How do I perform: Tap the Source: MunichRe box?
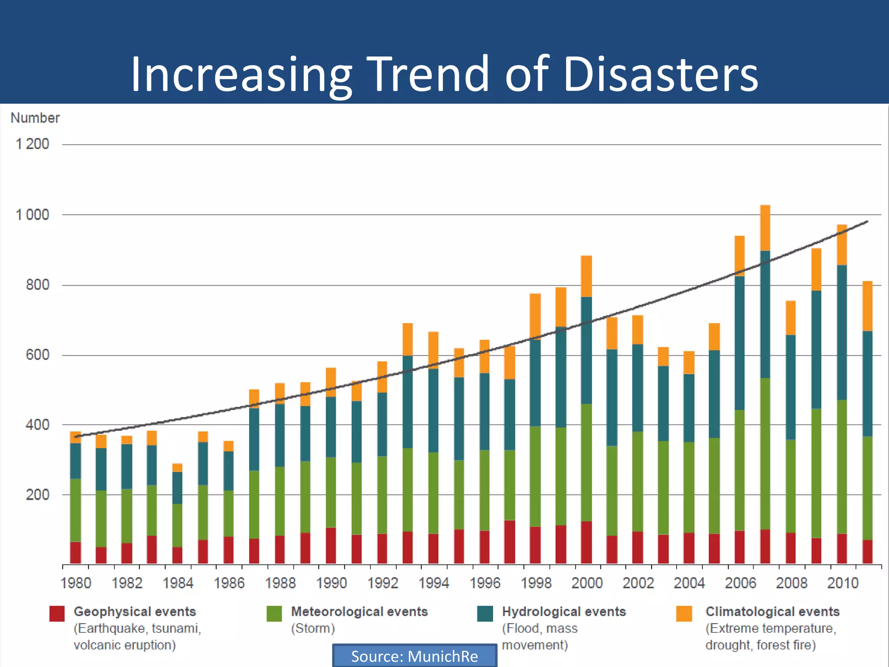[x=415, y=656]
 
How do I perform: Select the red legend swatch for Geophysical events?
[x=57, y=614]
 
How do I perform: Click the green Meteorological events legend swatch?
[x=274, y=614]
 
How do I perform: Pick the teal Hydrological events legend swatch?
[x=485, y=614]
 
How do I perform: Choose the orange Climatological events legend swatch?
[x=684, y=614]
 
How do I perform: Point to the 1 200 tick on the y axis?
[x=33, y=144]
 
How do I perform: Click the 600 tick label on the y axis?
[x=37, y=355]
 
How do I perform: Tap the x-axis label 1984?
[x=178, y=583]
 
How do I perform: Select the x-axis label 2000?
[x=587, y=583]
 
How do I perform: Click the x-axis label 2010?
[x=843, y=583]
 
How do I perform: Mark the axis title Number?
[x=35, y=118]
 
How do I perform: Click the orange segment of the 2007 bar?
[x=765, y=228]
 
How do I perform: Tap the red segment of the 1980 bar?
[x=76, y=552]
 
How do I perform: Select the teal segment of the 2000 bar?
[x=586, y=350]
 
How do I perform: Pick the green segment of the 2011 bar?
[x=867, y=488]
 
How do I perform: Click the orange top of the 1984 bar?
[x=177, y=468]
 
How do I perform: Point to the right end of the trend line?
[x=866, y=222]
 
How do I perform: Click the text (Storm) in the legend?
[x=313, y=628]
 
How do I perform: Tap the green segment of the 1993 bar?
[x=408, y=490]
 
